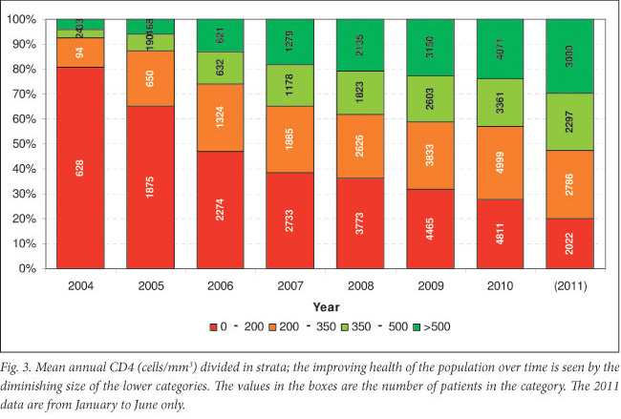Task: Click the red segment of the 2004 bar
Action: pos(80,167)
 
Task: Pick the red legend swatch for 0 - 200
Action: pos(212,328)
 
